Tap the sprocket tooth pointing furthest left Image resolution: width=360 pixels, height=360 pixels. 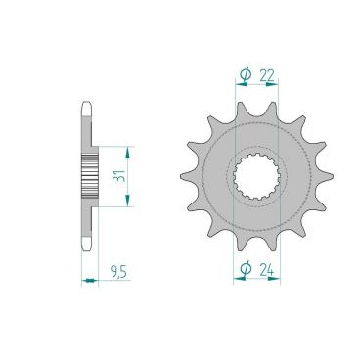[185, 176]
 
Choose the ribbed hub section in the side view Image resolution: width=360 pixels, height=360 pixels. [94, 176]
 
